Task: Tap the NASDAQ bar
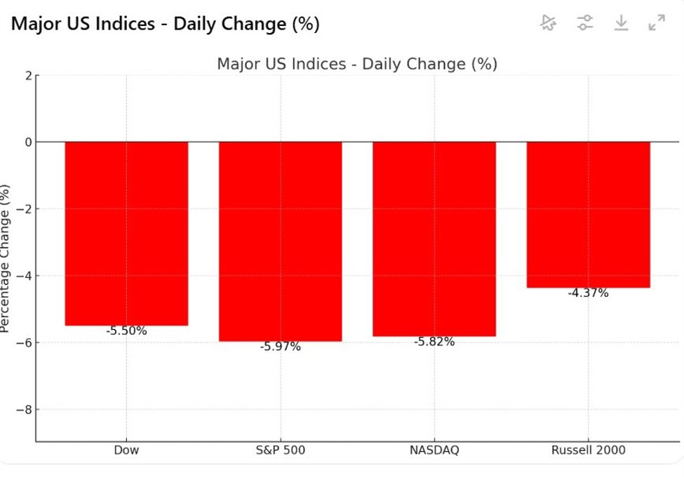click(x=434, y=239)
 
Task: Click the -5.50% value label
click(x=126, y=331)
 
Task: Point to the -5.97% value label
click(x=280, y=347)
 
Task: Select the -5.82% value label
click(x=434, y=342)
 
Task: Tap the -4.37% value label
click(x=588, y=293)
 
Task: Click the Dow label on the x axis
click(x=126, y=450)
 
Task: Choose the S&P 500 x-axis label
click(x=280, y=450)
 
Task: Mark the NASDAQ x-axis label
click(x=434, y=450)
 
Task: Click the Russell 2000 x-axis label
click(x=588, y=450)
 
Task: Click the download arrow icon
click(x=621, y=23)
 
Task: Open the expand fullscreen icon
click(x=657, y=23)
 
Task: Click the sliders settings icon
click(x=584, y=23)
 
